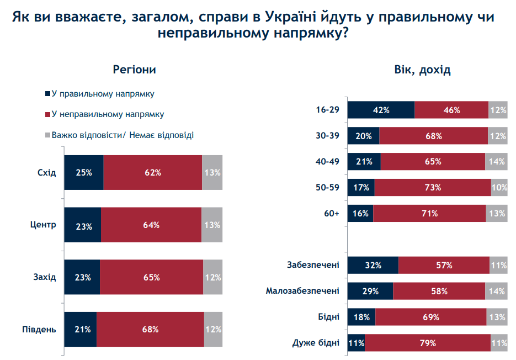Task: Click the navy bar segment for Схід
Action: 84,172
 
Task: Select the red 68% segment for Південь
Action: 150,330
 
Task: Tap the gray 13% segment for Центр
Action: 212,225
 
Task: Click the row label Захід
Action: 45,277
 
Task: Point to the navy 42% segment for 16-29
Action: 381,110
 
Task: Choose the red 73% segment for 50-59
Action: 433,187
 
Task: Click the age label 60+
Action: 332,213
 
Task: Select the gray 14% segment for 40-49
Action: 496,162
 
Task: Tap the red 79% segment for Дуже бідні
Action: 428,343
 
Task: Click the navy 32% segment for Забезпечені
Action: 373,265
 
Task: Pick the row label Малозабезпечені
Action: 302,291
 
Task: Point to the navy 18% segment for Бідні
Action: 361,317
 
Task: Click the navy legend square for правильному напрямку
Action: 47,94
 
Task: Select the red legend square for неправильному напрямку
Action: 47,114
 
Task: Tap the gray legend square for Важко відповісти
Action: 47,135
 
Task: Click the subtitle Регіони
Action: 134,70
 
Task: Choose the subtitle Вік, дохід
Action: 422,70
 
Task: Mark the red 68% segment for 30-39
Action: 434,136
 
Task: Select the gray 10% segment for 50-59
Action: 499,187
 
